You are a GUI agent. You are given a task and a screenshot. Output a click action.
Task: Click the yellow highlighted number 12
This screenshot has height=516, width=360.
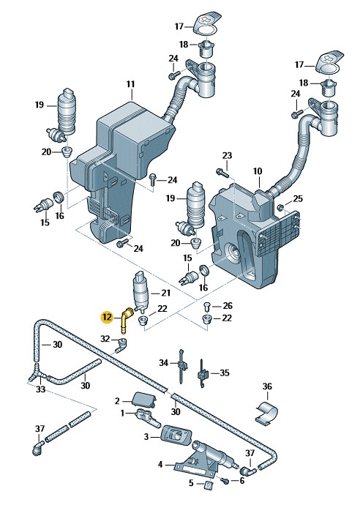coord(107,318)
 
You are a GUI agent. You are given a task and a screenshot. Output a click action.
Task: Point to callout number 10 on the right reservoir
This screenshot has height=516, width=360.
coord(257,171)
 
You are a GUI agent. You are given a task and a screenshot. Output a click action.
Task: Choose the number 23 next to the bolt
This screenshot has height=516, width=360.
coord(227,156)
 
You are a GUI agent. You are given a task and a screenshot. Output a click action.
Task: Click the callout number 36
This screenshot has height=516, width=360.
coord(267,386)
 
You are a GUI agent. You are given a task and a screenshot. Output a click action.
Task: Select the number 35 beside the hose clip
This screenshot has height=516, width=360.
coord(224,373)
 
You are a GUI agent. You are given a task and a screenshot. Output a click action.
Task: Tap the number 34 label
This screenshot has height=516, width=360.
coord(164,362)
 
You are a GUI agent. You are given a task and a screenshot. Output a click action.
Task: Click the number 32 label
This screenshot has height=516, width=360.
coord(105,338)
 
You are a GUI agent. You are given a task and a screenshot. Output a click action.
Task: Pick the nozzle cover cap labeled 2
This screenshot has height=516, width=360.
coord(142,399)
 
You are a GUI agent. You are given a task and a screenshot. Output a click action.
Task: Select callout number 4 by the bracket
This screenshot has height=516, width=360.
coord(160,465)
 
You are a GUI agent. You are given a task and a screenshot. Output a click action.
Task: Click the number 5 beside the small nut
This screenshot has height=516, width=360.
coord(191,484)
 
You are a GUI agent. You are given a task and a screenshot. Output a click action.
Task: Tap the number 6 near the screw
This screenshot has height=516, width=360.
coord(241,481)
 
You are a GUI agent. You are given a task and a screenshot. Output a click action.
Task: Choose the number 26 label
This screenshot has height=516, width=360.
coord(228,305)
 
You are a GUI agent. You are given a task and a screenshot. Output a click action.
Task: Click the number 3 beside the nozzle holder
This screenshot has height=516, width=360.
coord(146,437)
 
